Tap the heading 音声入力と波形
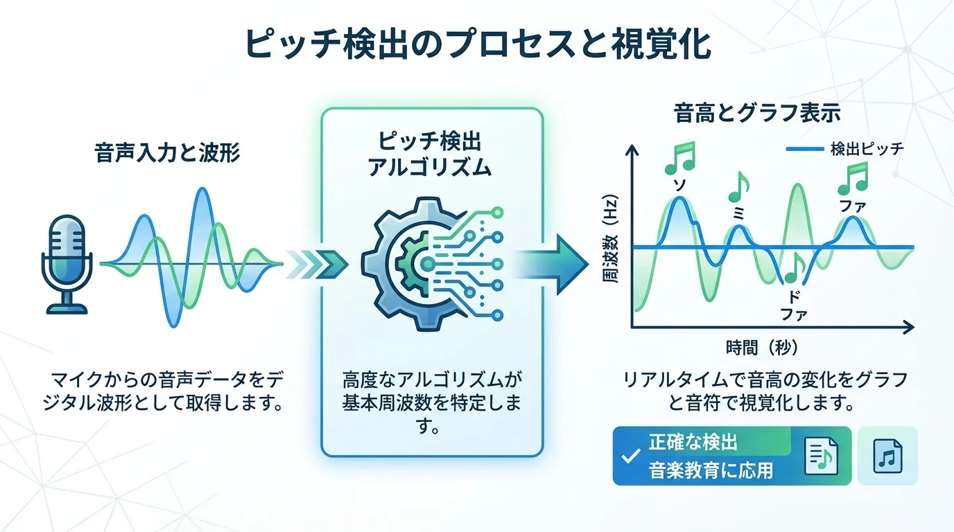(x=167, y=153)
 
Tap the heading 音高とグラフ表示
(x=757, y=114)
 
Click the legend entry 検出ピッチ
(x=867, y=149)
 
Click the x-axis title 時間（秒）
(x=766, y=346)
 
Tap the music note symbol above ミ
(x=739, y=187)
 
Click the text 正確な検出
(x=693, y=442)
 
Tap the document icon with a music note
(x=821, y=455)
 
